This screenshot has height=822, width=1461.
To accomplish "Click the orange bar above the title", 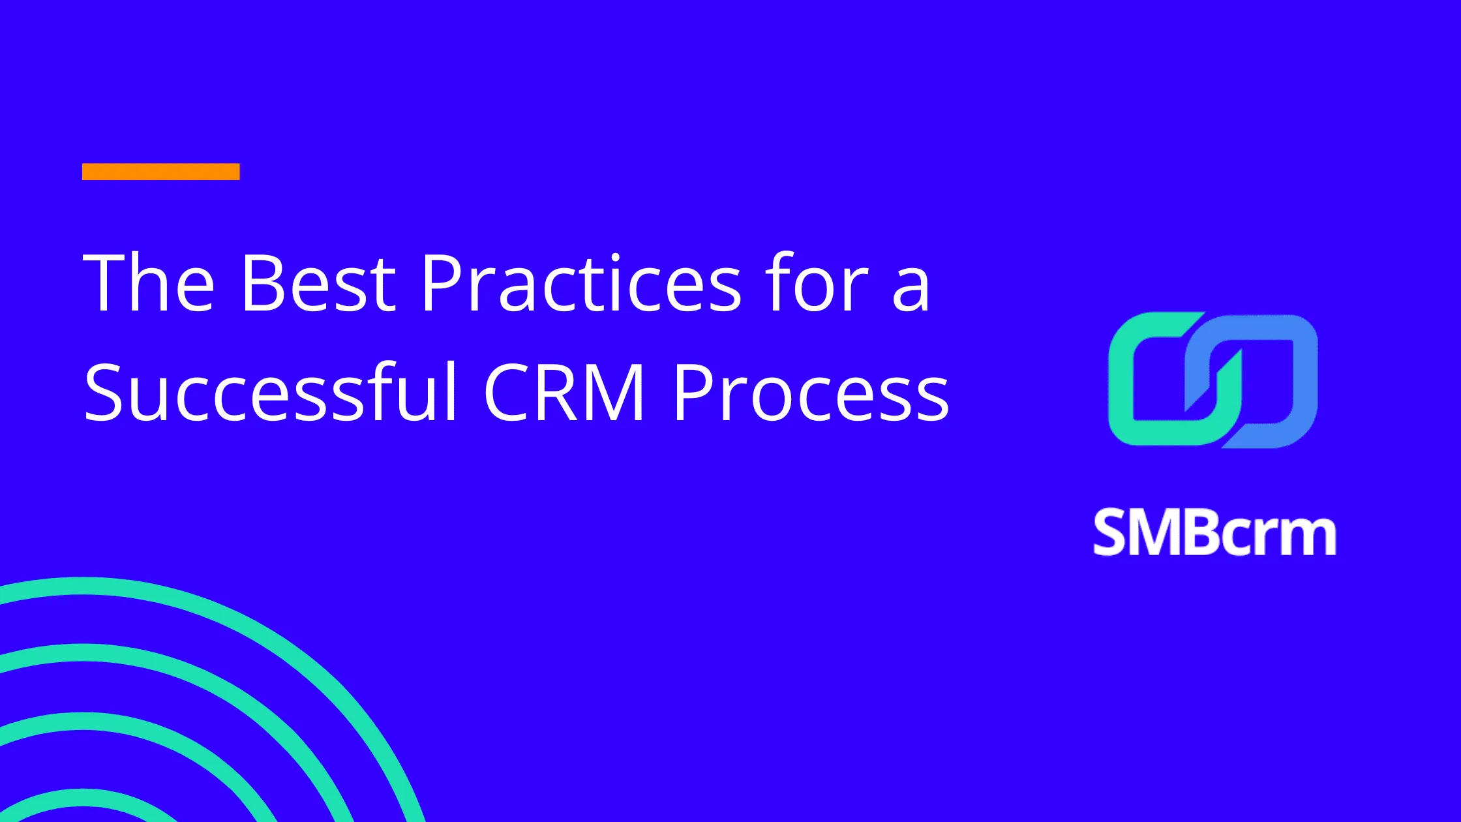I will point(160,172).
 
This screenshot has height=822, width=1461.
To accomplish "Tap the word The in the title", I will point(149,283).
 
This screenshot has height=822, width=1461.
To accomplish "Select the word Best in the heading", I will point(318,283).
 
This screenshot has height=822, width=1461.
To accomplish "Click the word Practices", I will point(581,283).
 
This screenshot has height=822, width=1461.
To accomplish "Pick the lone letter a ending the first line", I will point(911,290).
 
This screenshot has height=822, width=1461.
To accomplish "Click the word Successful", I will point(271,391).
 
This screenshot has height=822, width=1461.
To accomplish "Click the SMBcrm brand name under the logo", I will point(1214,534).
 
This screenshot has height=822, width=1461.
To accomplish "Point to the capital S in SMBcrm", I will point(1110,534).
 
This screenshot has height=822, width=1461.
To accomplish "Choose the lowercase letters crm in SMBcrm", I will point(1278,536).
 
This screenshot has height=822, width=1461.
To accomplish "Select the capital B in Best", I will point(261,283).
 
